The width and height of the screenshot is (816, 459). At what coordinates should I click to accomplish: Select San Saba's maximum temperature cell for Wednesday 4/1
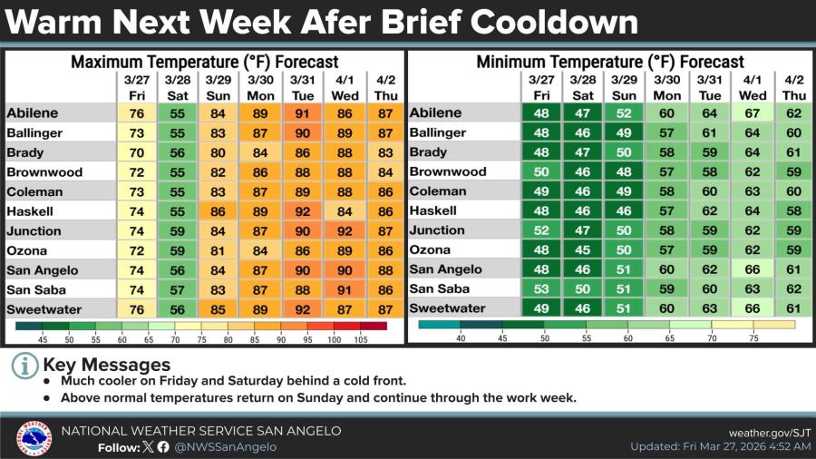343,290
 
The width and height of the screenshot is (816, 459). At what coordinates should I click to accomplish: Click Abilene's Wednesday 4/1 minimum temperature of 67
753,113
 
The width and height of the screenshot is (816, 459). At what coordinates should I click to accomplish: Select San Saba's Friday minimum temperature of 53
541,289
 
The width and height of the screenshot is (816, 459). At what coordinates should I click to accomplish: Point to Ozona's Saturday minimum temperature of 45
583,249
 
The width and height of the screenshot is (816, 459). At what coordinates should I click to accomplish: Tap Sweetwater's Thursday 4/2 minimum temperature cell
793,309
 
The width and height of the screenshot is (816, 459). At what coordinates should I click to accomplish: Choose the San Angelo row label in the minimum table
446,269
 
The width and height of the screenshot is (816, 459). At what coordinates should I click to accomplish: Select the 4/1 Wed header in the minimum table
753,87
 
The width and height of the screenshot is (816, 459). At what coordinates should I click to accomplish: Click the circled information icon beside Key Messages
25,366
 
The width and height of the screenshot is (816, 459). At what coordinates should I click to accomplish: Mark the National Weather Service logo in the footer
33,438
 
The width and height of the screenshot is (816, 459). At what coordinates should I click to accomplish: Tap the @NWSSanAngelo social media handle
225,446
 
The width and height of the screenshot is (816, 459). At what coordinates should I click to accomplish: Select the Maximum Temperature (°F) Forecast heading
204,63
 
